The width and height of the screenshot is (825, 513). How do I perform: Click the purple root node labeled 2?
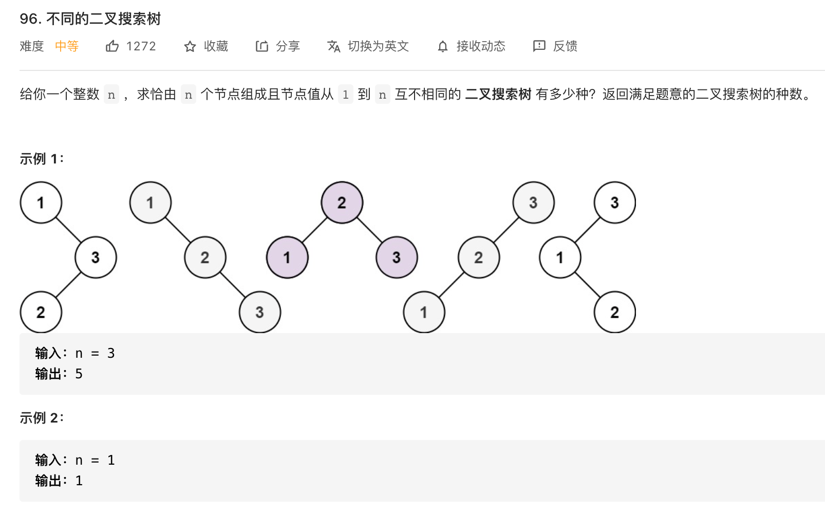click(x=342, y=203)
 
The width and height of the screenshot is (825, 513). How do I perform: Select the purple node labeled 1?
click(x=287, y=257)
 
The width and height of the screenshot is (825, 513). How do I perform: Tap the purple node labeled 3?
click(x=397, y=257)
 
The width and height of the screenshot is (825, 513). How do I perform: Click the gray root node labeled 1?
click(x=150, y=203)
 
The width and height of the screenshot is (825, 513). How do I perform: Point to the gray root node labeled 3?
click(x=533, y=203)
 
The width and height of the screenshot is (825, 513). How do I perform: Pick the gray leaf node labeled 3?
click(x=259, y=312)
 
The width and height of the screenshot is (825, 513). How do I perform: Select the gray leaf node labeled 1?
click(x=424, y=312)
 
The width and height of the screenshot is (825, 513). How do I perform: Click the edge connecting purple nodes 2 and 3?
click(x=369, y=230)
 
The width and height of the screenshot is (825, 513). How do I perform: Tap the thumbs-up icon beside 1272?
click(x=112, y=46)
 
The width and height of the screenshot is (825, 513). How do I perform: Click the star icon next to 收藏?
click(x=190, y=47)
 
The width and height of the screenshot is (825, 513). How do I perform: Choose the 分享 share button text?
click(x=288, y=46)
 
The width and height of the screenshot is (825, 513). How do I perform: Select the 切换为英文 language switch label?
click(x=378, y=46)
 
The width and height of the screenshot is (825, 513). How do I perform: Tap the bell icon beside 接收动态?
click(x=443, y=47)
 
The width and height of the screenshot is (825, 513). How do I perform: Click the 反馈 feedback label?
click(x=565, y=46)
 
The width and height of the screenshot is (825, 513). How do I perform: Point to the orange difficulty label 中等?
click(x=67, y=46)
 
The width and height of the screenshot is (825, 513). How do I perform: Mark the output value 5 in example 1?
click(x=79, y=374)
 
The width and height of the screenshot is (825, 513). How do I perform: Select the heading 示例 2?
click(x=41, y=418)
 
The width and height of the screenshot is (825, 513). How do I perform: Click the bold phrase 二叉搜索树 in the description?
click(x=498, y=94)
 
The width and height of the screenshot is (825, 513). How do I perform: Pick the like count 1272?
click(x=141, y=46)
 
